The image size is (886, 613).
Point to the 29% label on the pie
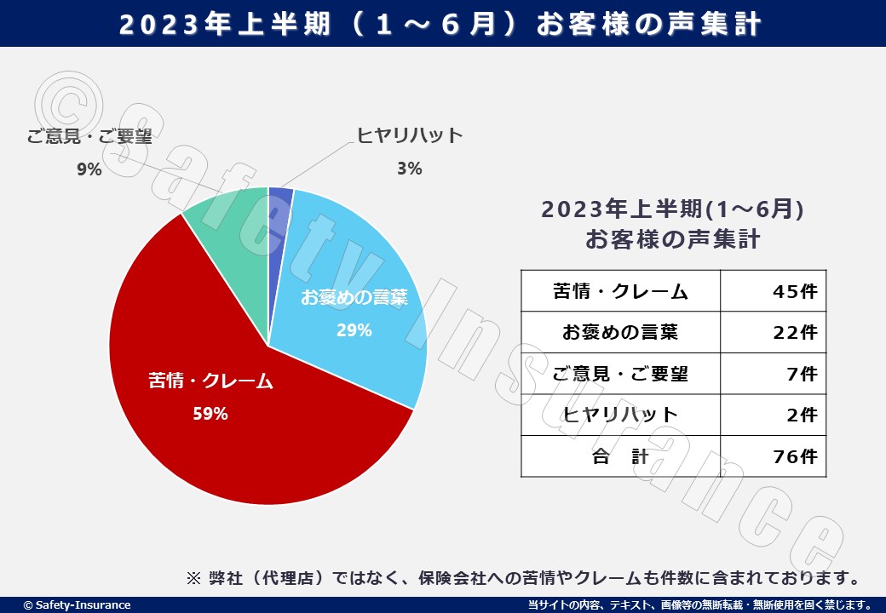[354, 330]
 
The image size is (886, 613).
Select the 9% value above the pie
[89, 169]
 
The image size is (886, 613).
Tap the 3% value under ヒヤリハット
[409, 169]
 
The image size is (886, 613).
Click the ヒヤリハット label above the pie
[410, 135]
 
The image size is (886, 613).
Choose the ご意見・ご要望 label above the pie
[89, 136]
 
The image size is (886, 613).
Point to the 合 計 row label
[620, 456]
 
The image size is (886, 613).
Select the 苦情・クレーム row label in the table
[620, 291]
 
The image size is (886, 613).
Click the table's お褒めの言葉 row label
[620, 332]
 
